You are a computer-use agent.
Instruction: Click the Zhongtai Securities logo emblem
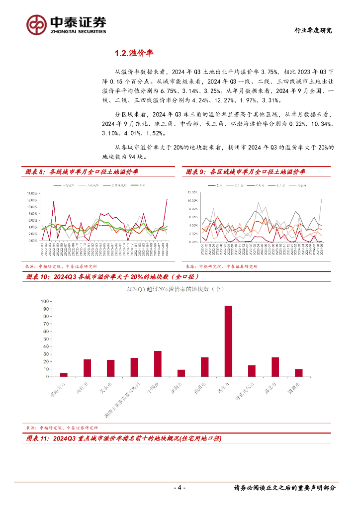[x=36, y=24]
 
